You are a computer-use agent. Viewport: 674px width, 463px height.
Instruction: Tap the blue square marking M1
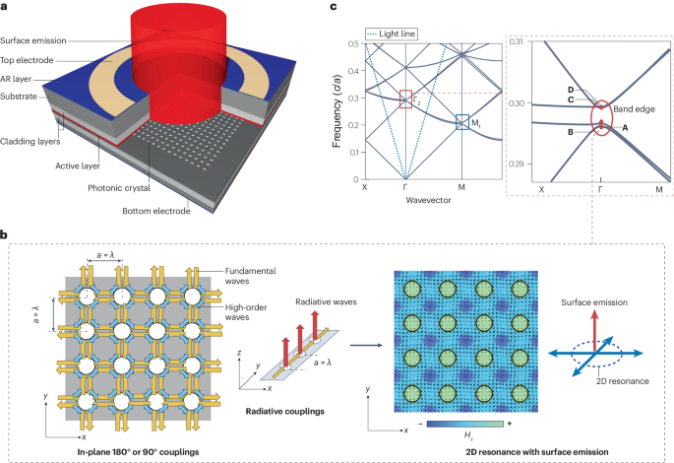(461, 122)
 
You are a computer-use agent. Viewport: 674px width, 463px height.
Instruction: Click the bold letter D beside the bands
(571, 90)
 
